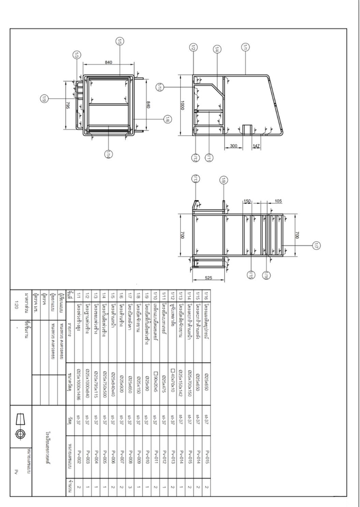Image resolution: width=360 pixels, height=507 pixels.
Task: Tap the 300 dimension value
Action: (x=234, y=145)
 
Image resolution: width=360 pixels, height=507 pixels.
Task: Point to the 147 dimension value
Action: (x=256, y=145)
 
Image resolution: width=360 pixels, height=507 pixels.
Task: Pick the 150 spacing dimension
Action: (x=247, y=201)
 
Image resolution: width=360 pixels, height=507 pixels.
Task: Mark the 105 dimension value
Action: (x=278, y=201)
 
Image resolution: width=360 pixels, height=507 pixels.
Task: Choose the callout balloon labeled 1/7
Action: (x=316, y=245)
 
